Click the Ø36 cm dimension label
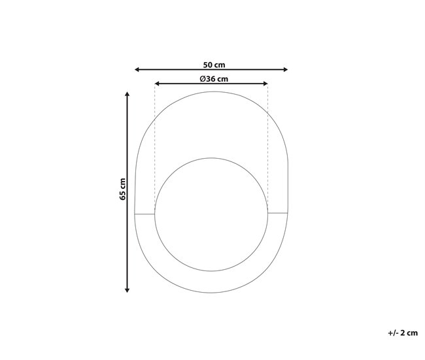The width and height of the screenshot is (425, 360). pos(213,79)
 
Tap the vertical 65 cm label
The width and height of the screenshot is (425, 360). pos(122,189)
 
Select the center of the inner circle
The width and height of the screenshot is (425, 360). pos(211,213)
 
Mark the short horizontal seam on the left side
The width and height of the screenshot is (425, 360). pos(144,213)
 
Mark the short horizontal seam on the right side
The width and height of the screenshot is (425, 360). pos(279,213)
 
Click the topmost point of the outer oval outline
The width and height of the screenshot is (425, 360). pos(211,92)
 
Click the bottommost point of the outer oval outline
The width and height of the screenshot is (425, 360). pos(211,293)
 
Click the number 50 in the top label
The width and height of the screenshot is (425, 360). pos(206,64)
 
